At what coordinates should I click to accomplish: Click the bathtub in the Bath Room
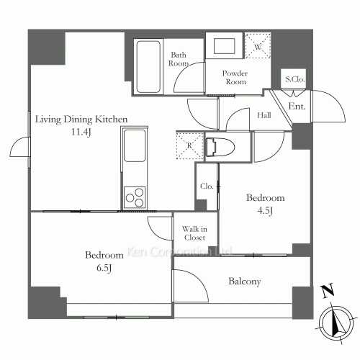tap(148, 67)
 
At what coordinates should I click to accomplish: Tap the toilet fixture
tap(220, 147)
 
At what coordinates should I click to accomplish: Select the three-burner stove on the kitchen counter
tap(135, 197)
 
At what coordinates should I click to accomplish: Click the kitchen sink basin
tap(135, 145)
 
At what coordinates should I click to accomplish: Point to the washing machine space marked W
tap(258, 46)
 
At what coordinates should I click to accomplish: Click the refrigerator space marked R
tap(189, 146)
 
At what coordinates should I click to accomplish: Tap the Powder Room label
tap(235, 77)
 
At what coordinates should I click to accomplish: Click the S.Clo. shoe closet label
tap(295, 79)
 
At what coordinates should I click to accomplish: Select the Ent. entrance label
tap(297, 106)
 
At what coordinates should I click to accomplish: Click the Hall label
tap(264, 115)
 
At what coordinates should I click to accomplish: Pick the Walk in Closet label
tap(194, 233)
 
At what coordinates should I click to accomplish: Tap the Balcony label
tap(245, 282)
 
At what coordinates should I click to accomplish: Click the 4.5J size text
tap(265, 211)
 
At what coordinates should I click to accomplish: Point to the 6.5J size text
tap(104, 268)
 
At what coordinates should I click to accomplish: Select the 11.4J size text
tap(81, 132)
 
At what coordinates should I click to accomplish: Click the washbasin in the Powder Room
tap(224, 45)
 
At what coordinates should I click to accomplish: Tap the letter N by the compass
tap(328, 290)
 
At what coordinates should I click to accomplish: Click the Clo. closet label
tap(207, 186)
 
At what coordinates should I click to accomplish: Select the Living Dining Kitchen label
tap(81, 120)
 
